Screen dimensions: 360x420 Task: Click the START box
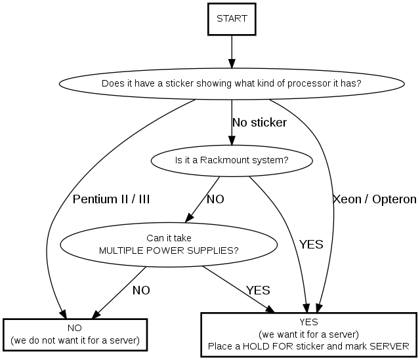coord(232,18)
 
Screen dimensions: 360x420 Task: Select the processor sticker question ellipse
coord(231,84)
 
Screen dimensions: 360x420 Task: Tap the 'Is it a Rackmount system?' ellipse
coord(232,159)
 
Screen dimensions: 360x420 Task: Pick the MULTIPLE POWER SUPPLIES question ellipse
coord(168,244)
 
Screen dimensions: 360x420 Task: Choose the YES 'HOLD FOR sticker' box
coord(308,333)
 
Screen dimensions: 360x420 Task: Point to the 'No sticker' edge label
coord(259,123)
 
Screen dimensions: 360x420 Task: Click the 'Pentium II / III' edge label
coord(111,199)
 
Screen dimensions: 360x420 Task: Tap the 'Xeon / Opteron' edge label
coord(374,199)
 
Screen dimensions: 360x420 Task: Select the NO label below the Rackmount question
coord(215,199)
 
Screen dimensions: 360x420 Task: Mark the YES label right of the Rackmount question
coord(311,245)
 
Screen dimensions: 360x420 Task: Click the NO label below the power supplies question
coord(141,290)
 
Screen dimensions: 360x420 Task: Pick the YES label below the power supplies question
coord(258,290)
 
